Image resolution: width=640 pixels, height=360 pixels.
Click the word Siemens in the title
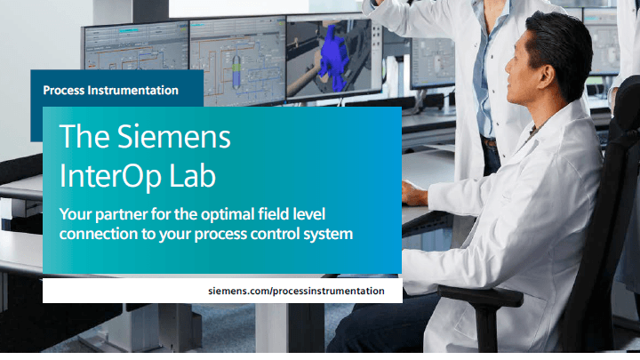coord(174,136)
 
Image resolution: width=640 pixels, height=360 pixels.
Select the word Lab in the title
coord(192,175)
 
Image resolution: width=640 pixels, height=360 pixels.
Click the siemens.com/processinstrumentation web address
coord(296,291)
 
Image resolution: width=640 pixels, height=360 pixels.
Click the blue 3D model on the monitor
coord(332,58)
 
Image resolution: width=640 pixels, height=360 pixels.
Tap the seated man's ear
coord(547,75)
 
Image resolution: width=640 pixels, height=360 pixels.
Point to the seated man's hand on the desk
coord(414,193)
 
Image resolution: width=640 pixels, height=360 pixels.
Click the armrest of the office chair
coord(480,295)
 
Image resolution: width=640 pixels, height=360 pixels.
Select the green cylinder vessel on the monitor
coord(236,71)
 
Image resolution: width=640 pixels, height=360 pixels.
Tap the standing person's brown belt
coord(489,142)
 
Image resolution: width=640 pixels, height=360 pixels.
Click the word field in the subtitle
coord(272,213)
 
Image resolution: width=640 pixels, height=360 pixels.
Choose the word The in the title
coord(84,136)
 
